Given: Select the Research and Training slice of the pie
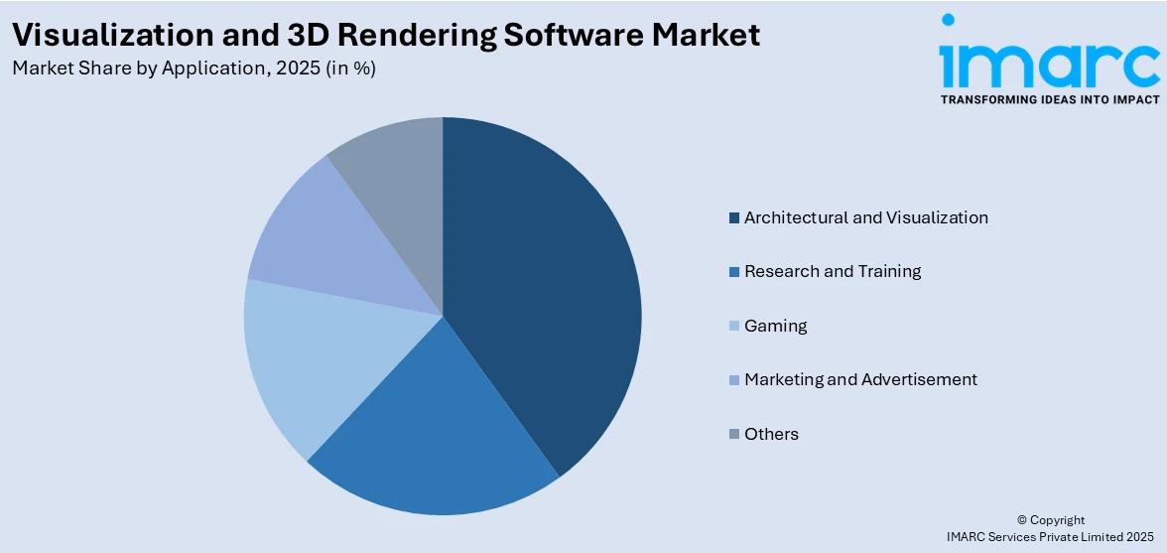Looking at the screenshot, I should (x=437, y=437).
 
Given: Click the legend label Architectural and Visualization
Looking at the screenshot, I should (x=865, y=217).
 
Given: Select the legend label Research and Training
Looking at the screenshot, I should (x=833, y=271).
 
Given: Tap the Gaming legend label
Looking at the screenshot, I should (x=775, y=326).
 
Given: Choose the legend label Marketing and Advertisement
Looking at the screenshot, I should (x=860, y=379).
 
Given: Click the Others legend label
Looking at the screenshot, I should (x=771, y=434).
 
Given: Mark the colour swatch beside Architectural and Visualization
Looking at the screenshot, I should (x=733, y=218).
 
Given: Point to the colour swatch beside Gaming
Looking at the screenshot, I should (x=733, y=327).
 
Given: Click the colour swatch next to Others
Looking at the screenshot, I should (x=733, y=435).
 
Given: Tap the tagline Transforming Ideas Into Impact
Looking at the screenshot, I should (x=1049, y=99).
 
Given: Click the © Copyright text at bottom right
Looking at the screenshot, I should (x=1051, y=519).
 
